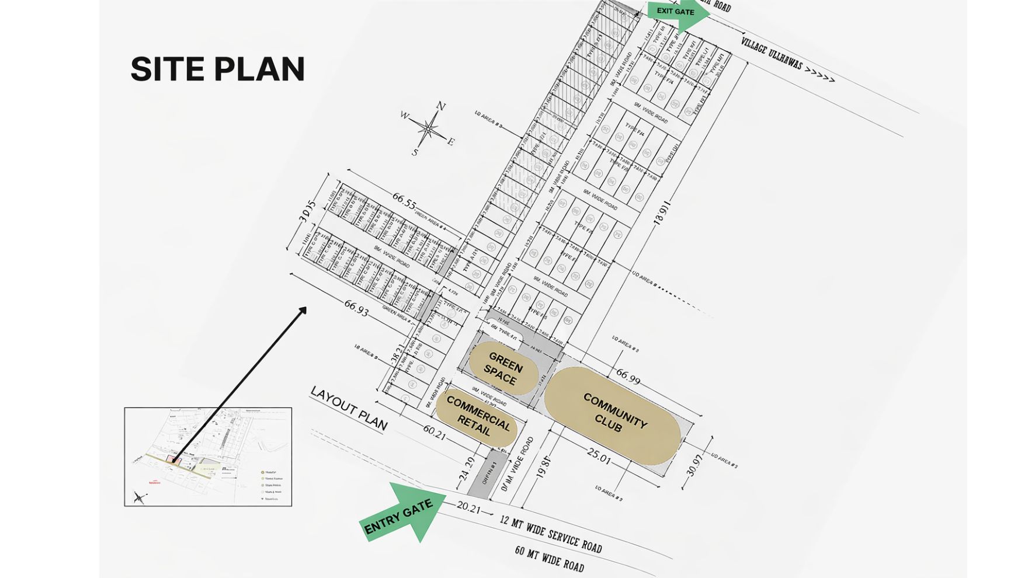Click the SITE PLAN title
[217, 69]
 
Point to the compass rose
[429, 129]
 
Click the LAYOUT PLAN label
[349, 408]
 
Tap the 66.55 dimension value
[404, 201]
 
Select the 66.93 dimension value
[356, 308]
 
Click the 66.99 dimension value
[628, 377]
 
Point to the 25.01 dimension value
[598, 456]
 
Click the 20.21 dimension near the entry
[468, 507]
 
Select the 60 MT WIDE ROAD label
[549, 558]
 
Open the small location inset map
[208, 457]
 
